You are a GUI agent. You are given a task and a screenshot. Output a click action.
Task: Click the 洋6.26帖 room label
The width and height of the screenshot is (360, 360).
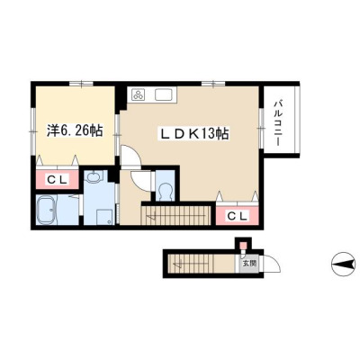tap(75, 131)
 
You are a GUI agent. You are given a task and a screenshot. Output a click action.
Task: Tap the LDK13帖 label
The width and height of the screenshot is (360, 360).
tap(194, 133)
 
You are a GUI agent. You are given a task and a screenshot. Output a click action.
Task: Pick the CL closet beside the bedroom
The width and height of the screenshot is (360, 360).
tap(58, 179)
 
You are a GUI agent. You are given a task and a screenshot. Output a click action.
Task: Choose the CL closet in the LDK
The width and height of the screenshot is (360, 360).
tap(238, 215)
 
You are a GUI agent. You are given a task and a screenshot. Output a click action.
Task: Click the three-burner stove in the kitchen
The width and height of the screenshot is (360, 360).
tap(139, 94)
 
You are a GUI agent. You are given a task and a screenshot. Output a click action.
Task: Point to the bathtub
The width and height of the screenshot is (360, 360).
tap(47, 210)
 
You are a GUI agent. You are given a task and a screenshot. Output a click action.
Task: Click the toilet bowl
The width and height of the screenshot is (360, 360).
tap(166, 192)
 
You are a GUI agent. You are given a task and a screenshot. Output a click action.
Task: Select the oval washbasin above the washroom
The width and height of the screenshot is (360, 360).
tap(94, 177)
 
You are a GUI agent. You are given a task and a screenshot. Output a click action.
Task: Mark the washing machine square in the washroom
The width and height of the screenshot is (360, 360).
tap(104, 217)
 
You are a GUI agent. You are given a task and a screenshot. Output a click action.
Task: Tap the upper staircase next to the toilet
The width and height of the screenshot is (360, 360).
tap(175, 215)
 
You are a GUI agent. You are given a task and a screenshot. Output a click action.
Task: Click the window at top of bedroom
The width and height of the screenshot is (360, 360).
tap(81, 84)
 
